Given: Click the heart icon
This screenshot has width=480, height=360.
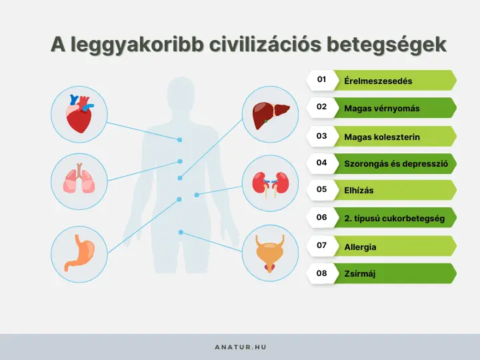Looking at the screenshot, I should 79,114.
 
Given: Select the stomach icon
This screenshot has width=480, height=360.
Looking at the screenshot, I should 79,253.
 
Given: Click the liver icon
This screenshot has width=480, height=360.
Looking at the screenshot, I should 269,114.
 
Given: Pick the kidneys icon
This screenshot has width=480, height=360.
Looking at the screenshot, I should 269,183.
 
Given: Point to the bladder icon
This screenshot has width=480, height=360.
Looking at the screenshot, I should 269,253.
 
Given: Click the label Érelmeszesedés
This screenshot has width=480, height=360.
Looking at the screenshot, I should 378,81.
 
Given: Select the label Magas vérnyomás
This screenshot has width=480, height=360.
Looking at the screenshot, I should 382,108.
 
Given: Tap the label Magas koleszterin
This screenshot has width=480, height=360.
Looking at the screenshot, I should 382,137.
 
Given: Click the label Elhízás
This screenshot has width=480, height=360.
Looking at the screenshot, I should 359,191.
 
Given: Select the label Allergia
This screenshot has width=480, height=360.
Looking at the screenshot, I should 360,247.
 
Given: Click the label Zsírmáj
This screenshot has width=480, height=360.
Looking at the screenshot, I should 360,273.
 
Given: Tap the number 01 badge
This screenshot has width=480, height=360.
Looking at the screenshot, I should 321,80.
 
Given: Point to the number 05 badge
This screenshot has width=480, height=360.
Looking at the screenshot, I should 321,189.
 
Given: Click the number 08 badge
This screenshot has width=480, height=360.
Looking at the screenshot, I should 321,273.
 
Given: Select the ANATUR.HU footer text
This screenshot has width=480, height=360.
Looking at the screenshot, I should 240,347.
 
